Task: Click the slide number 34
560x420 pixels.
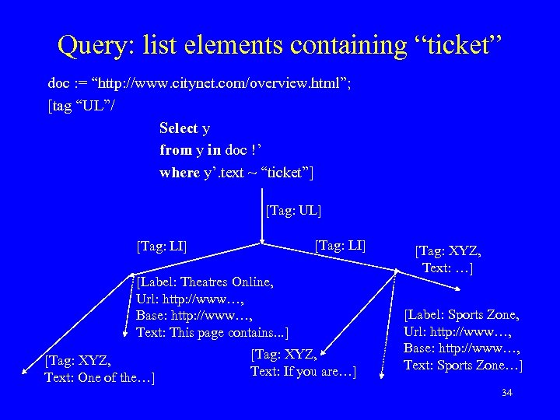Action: coord(507,393)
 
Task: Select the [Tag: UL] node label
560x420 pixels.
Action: coord(293,210)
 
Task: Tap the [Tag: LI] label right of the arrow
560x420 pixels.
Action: coord(340,246)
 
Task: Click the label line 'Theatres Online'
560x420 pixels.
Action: coord(204,282)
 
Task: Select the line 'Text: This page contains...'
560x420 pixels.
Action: coord(212,333)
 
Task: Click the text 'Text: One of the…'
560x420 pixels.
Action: coord(100,378)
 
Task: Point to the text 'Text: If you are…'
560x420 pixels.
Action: coord(303,372)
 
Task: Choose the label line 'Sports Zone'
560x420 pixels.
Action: coord(462,315)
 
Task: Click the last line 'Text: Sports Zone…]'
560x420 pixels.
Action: coord(462,366)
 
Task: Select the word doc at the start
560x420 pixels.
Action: coord(58,84)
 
